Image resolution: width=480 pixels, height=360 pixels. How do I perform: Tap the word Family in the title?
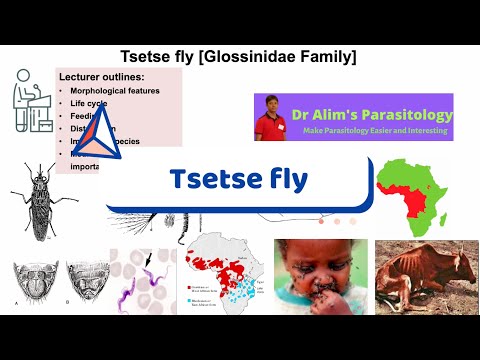point(326,57)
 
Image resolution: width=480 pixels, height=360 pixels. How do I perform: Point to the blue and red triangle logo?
point(92,134)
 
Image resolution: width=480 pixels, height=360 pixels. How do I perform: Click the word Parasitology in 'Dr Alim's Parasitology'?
point(401,114)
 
